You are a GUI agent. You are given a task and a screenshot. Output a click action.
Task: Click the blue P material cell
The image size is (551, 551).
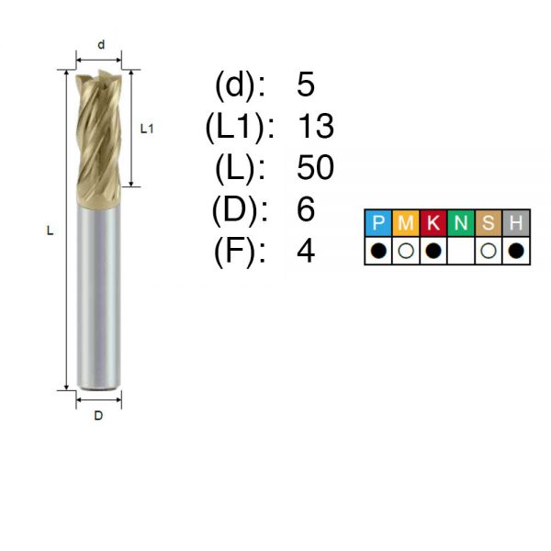[378, 223]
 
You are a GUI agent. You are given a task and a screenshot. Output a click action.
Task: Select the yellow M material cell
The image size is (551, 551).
[406, 223]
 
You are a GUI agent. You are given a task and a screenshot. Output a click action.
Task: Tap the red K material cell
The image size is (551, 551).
[433, 223]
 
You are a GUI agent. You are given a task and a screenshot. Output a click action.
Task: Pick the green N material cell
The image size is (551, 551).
[461, 223]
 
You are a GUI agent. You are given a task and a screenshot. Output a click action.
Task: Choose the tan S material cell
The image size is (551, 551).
[489, 223]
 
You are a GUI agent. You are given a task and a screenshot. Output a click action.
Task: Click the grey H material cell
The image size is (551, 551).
[516, 223]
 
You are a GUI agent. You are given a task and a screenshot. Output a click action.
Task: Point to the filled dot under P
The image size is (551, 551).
[378, 251]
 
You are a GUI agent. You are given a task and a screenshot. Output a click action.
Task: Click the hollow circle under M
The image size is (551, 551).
[406, 251]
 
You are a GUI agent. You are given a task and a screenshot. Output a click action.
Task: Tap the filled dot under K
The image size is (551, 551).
[433, 251]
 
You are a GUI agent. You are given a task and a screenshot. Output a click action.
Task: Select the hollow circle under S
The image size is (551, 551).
[489, 251]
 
